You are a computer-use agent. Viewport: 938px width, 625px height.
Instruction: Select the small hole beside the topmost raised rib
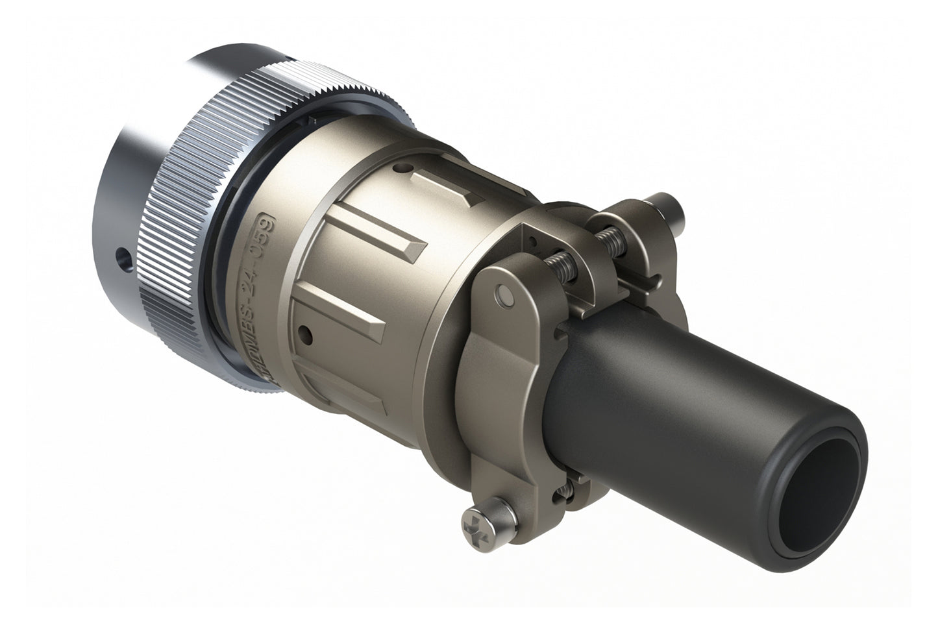click(x=406, y=169)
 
